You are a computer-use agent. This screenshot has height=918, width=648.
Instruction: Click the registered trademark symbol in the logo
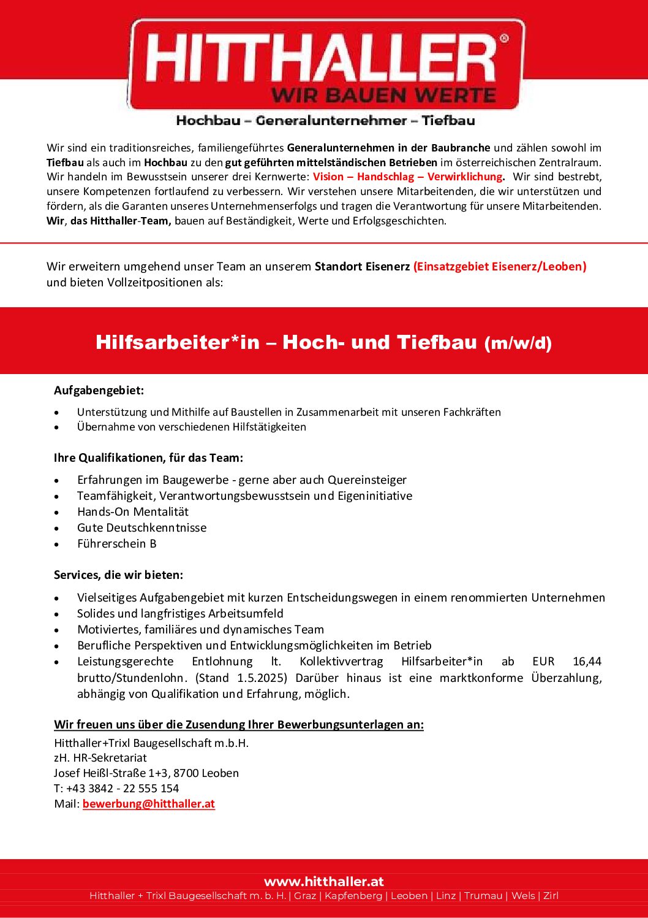504,39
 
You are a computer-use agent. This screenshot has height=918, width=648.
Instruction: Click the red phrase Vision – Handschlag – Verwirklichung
408,177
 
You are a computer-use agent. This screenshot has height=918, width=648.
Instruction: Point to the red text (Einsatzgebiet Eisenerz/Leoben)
500,266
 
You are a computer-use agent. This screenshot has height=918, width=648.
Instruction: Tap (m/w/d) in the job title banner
518,343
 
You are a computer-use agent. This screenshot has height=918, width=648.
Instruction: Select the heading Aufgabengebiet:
99,391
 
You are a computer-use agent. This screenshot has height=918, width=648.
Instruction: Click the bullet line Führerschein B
117,544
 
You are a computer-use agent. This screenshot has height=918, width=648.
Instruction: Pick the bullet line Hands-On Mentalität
133,512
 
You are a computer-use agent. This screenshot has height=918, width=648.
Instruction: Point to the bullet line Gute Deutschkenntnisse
142,528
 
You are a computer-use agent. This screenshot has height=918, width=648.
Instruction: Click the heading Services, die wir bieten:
119,575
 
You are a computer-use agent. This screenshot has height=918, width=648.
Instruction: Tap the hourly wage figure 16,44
587,662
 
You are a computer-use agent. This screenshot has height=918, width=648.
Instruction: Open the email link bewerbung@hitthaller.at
149,804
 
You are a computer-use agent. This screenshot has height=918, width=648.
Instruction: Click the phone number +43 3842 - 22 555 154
122,789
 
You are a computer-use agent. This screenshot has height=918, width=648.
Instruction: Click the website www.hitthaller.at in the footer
324,882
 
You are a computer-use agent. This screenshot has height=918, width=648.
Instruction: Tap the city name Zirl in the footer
551,896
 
